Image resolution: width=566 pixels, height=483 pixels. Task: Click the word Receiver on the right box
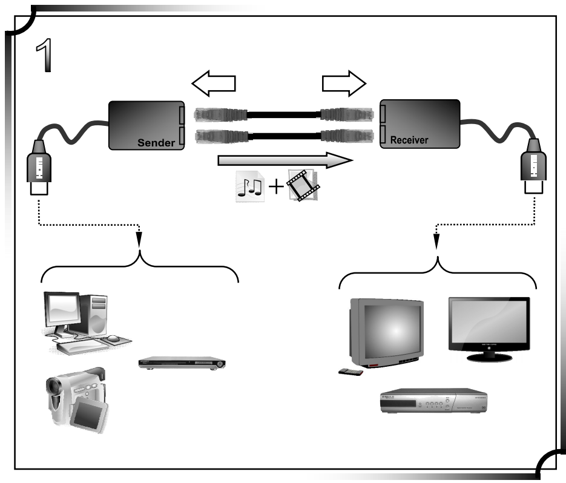409,140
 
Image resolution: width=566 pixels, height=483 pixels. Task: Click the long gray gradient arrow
284,160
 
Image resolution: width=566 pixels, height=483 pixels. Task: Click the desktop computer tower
93,315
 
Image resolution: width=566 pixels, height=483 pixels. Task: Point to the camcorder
76,399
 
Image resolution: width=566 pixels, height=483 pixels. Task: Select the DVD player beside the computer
182,363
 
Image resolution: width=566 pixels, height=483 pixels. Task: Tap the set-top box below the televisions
433,401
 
